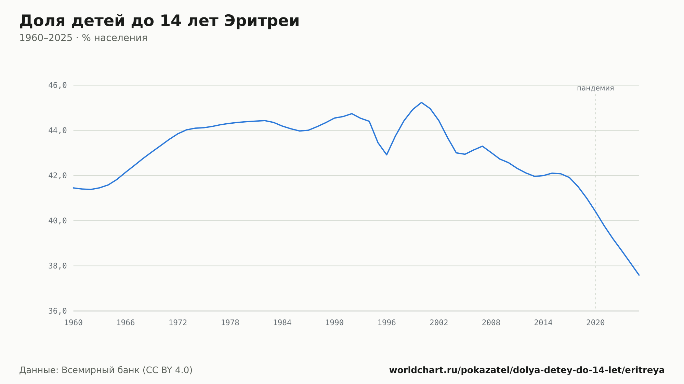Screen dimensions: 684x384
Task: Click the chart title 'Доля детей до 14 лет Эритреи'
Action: pos(159,21)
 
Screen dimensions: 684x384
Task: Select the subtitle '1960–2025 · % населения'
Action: pos(83,38)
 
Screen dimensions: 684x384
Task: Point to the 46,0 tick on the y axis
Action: pos(57,85)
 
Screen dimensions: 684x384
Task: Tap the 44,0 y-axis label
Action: pos(57,131)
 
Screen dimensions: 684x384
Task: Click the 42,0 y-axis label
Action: pos(57,176)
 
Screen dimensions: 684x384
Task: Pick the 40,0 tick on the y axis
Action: pos(57,221)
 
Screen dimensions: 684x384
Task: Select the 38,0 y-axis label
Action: pos(57,266)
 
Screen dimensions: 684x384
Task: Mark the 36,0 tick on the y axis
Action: pos(57,311)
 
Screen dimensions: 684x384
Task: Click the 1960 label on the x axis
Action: pos(74,323)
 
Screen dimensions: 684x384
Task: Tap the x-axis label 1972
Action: pos(178,323)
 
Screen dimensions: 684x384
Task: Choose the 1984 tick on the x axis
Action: pos(282,323)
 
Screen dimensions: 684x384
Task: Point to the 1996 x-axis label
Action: pos(387,323)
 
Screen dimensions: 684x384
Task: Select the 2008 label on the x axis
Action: pos(491,323)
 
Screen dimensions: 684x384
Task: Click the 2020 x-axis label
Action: pos(595,323)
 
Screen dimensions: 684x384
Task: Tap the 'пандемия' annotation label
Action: pos(595,88)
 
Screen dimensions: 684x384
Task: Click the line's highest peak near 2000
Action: pos(421,102)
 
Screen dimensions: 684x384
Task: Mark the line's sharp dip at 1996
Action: pos(387,155)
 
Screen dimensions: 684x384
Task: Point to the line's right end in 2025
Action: pos(639,275)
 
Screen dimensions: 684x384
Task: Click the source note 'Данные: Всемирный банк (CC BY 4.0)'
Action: pos(106,370)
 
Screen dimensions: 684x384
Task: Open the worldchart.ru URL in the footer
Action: pos(527,370)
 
